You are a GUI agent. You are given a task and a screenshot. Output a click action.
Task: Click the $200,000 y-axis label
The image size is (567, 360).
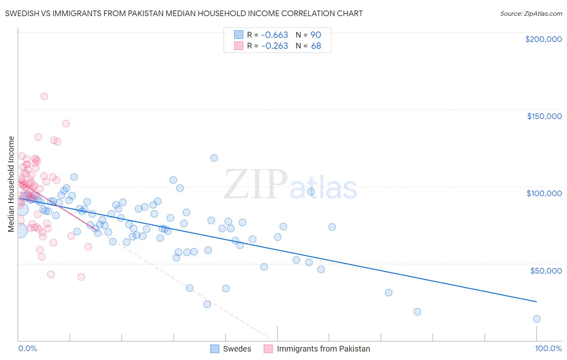543,39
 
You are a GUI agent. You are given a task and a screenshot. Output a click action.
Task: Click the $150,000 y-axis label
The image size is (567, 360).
544,116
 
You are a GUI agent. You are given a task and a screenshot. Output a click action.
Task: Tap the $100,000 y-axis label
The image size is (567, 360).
544,193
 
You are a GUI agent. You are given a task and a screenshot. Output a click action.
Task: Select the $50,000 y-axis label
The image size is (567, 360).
546,270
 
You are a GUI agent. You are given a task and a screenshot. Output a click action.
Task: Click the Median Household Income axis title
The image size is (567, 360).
11,184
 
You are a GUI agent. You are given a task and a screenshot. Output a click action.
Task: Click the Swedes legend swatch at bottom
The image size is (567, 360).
215,349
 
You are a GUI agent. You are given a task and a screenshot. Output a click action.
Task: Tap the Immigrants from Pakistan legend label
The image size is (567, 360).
323,349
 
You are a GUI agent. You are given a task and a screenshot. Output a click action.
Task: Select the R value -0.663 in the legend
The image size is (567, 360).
275,35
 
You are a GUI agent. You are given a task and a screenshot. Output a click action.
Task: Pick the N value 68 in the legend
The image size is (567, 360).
316,46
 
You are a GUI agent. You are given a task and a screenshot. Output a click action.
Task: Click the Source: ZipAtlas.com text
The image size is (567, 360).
531,14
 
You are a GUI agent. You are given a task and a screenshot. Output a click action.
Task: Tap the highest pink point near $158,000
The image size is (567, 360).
44,96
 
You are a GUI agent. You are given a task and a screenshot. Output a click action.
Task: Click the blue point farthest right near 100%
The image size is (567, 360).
537,319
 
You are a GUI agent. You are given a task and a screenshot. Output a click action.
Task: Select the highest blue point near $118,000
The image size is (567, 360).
214,158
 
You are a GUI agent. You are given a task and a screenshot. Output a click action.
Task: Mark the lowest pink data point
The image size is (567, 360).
81,277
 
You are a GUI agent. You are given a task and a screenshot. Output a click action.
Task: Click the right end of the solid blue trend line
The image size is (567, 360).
536,301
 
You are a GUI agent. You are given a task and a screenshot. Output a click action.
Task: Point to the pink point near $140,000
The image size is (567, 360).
66,123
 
